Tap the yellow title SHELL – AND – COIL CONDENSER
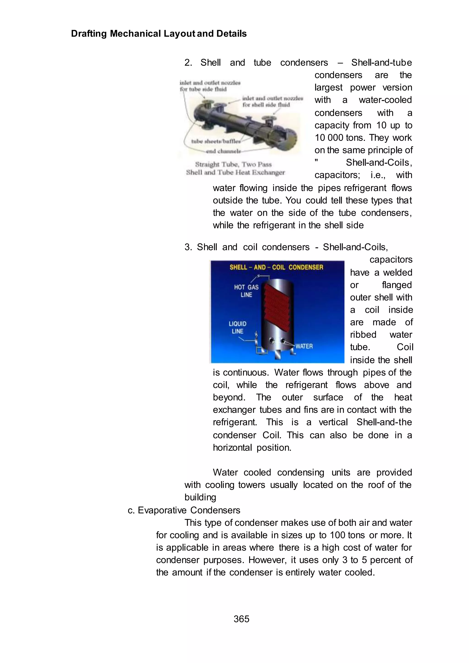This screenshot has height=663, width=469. (276, 267)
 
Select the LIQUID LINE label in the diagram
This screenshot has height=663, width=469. (237, 327)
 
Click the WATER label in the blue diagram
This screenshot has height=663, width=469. (304, 346)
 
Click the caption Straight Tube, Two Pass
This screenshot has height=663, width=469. (233, 164)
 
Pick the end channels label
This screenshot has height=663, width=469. (223, 151)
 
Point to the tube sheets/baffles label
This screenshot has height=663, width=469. (215, 141)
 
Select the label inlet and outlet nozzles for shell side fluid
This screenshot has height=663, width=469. (272, 101)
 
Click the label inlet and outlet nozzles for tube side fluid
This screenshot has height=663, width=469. (210, 86)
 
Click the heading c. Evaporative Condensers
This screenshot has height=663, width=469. (184, 510)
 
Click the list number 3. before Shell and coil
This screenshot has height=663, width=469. (188, 247)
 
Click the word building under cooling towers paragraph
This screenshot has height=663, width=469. (200, 497)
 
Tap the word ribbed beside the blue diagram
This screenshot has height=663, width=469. (363, 334)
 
